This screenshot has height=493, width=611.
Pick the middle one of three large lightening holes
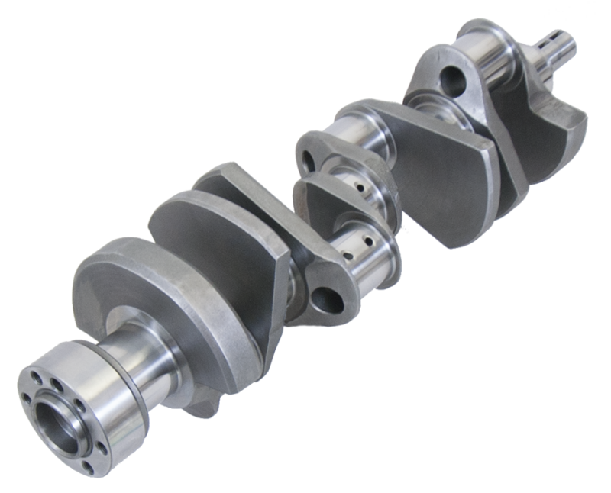[x=309, y=159]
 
